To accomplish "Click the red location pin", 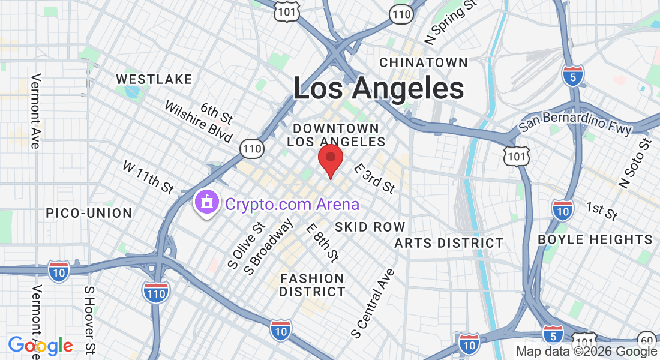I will coord(330,159).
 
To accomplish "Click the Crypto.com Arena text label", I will coord(292,204).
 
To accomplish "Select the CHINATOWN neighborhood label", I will coord(424,62).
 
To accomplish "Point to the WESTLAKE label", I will coord(154,79).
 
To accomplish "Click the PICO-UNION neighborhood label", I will coord(89,213).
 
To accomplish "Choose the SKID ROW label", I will coord(370,227).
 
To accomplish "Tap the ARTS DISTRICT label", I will coord(449,243).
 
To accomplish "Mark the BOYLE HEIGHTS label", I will coord(595,239).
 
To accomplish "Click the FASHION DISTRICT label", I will coord(312,285).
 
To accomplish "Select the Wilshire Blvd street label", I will coord(198,121).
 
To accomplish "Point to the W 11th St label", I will coord(148,177).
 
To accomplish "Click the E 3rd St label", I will coord(374,178).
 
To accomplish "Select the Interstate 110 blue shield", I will coord(156,292).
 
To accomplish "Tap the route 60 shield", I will coord(646,339).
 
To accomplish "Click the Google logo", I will coord(40,346).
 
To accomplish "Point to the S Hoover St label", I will coord(90,320).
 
